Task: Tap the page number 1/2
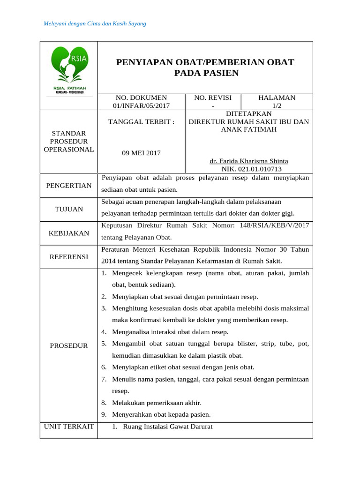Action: pos(277,106)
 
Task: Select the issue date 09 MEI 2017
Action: pos(141,153)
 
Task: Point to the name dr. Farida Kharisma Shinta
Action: pos(248,161)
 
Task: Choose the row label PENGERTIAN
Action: pos(69,186)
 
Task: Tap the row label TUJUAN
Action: pos(69,209)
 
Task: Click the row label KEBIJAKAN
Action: pos(69,233)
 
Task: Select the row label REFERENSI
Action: pos(69,257)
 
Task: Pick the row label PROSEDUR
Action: pos(69,345)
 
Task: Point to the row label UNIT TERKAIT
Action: pos(69,427)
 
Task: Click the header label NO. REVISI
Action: pos(213,97)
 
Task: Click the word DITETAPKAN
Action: pos(248,113)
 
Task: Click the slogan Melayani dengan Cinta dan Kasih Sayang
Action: pos(95,23)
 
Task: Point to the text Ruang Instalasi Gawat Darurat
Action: pos(167,427)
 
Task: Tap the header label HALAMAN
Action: pos(277,97)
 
